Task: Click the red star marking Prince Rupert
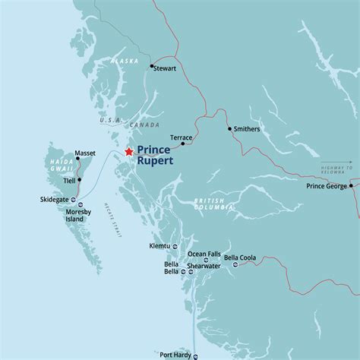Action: [128, 152]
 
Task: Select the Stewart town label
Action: [165, 68]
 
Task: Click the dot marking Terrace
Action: [183, 142]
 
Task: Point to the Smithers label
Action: [248, 129]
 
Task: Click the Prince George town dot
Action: [352, 185]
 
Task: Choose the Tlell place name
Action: [69, 181]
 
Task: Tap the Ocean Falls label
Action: [205, 254]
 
